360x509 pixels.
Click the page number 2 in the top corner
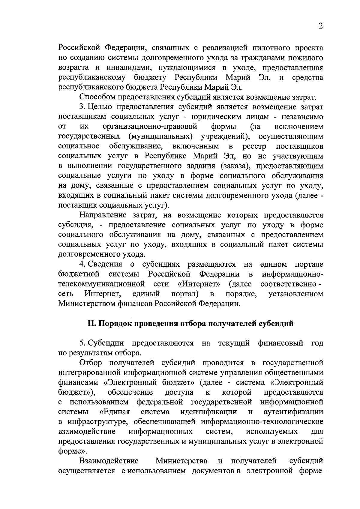point(321,26)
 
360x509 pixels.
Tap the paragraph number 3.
point(81,107)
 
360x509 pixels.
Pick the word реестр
point(254,146)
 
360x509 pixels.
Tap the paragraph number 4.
point(81,264)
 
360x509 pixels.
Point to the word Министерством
point(87,303)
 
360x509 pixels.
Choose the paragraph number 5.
point(81,343)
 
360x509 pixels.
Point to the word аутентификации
point(293,412)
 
